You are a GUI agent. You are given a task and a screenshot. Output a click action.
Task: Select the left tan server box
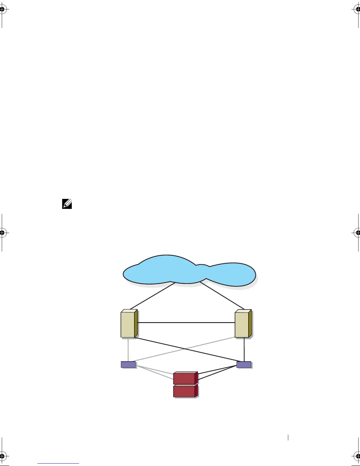pos(128,325)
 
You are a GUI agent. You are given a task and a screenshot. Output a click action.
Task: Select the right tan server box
pos(242,325)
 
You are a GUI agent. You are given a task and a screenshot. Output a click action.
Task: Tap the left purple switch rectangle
pos(128,365)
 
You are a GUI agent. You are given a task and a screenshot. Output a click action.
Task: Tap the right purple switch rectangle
pos(244,365)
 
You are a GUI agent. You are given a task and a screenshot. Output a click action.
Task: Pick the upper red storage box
pos(184,379)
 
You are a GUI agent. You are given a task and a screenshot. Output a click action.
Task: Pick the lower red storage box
pos(184,392)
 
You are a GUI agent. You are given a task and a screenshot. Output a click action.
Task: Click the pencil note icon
pos(67,204)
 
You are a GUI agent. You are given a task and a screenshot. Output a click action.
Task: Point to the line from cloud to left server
pos(152,296)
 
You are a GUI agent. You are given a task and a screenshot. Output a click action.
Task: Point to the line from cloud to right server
pos(222,296)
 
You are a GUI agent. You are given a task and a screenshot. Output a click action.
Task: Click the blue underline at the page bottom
pos(58,464)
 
